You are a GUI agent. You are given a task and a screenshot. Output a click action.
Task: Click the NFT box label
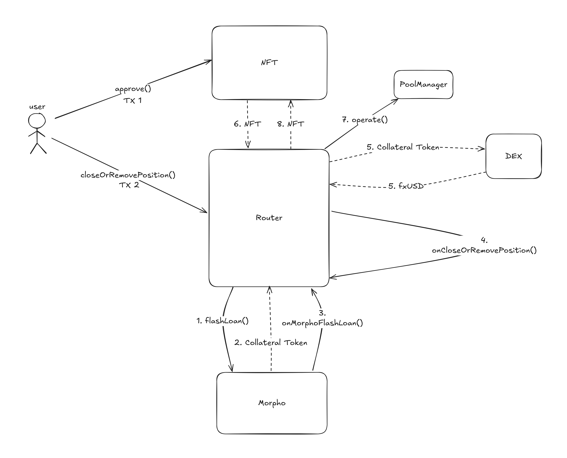tap(269, 63)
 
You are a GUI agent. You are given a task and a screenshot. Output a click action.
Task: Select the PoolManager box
tap(423, 84)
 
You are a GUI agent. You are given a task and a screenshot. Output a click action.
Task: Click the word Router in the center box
tap(269, 218)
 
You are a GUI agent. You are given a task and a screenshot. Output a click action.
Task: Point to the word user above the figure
tap(37, 107)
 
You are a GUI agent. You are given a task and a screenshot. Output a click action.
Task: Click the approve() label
tap(133, 89)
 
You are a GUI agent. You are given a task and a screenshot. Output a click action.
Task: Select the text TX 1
tap(133, 101)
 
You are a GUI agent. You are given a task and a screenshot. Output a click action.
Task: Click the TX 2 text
tap(129, 185)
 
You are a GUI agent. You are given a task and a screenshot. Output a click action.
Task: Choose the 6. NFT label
tap(247, 124)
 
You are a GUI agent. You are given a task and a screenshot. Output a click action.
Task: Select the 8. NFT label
tap(291, 124)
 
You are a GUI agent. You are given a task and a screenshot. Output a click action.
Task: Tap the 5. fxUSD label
tap(406, 186)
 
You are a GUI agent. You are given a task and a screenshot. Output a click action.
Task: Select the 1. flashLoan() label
tap(223, 321)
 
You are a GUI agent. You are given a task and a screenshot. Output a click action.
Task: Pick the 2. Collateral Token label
tap(271, 343)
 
